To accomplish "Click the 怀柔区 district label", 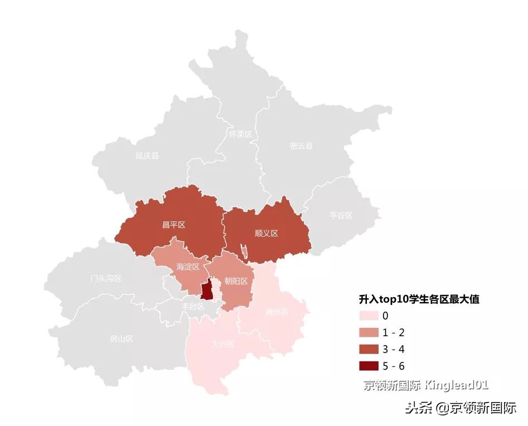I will coord(240,134).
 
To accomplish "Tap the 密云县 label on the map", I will coord(301,146).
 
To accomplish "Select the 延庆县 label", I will coord(147,156).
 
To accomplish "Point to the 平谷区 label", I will coord(341,215).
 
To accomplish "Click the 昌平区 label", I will coord(173,225).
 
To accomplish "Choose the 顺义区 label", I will coord(266,233).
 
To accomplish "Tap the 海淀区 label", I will coord(187,267).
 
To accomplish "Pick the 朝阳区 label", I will coord(236,281).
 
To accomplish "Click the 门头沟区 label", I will coord(105,278).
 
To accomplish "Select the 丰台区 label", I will coord(193,306).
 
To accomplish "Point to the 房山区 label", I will coord(121,338).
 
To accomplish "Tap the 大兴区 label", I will coord(223,343).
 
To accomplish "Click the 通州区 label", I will coord(277,312).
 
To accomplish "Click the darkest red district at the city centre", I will coord(207,291).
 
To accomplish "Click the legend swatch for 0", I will coord(369,316).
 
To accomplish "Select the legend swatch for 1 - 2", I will coord(369,333).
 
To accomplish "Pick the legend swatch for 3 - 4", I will coord(369,350).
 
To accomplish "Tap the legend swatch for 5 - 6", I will coord(369,366).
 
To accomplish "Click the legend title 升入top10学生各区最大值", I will coord(419,299).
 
